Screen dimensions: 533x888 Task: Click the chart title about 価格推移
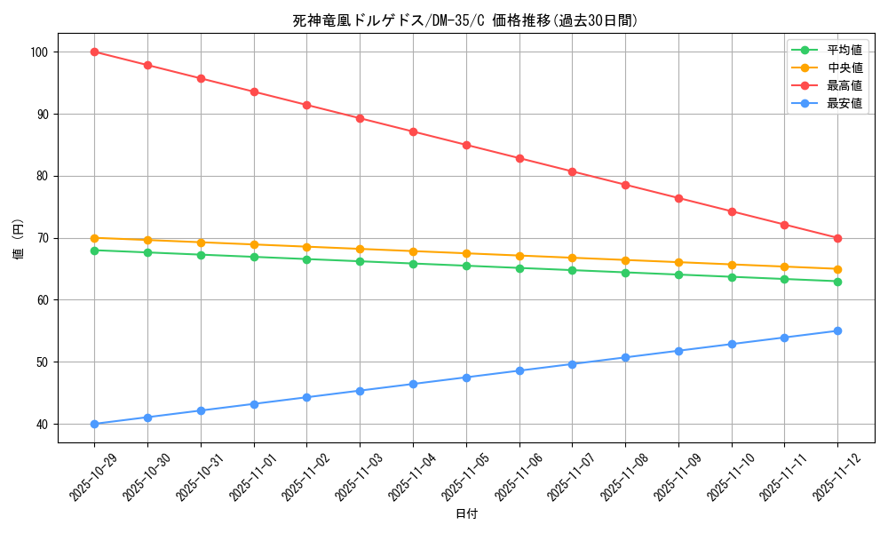click(465, 20)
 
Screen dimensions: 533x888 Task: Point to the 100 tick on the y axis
click(41, 52)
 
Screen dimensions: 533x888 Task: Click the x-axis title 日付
click(466, 514)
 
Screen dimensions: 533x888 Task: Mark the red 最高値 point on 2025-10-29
click(94, 52)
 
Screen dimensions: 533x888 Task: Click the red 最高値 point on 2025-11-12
click(837, 238)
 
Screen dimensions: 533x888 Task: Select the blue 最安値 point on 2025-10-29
click(94, 424)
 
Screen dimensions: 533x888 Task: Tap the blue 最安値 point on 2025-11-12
click(837, 330)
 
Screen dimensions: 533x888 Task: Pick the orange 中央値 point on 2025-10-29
click(94, 238)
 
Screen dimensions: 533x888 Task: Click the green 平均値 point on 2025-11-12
click(837, 282)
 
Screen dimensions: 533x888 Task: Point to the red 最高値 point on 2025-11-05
click(466, 145)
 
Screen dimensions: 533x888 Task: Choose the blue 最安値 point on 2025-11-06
click(519, 370)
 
